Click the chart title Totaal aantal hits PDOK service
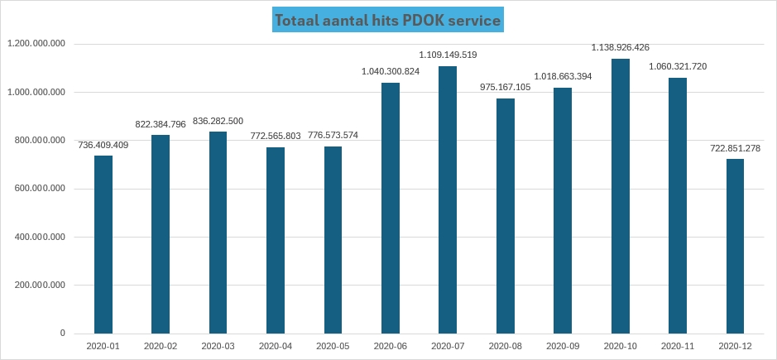click(388, 21)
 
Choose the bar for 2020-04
click(276, 240)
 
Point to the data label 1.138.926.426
click(621, 48)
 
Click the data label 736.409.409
click(103, 145)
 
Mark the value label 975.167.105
click(506, 87)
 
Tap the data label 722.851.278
click(735, 148)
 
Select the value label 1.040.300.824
click(391, 72)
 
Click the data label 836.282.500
click(218, 121)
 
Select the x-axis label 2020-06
click(391, 347)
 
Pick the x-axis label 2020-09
click(563, 347)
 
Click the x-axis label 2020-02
click(161, 347)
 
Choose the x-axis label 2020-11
click(678, 347)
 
